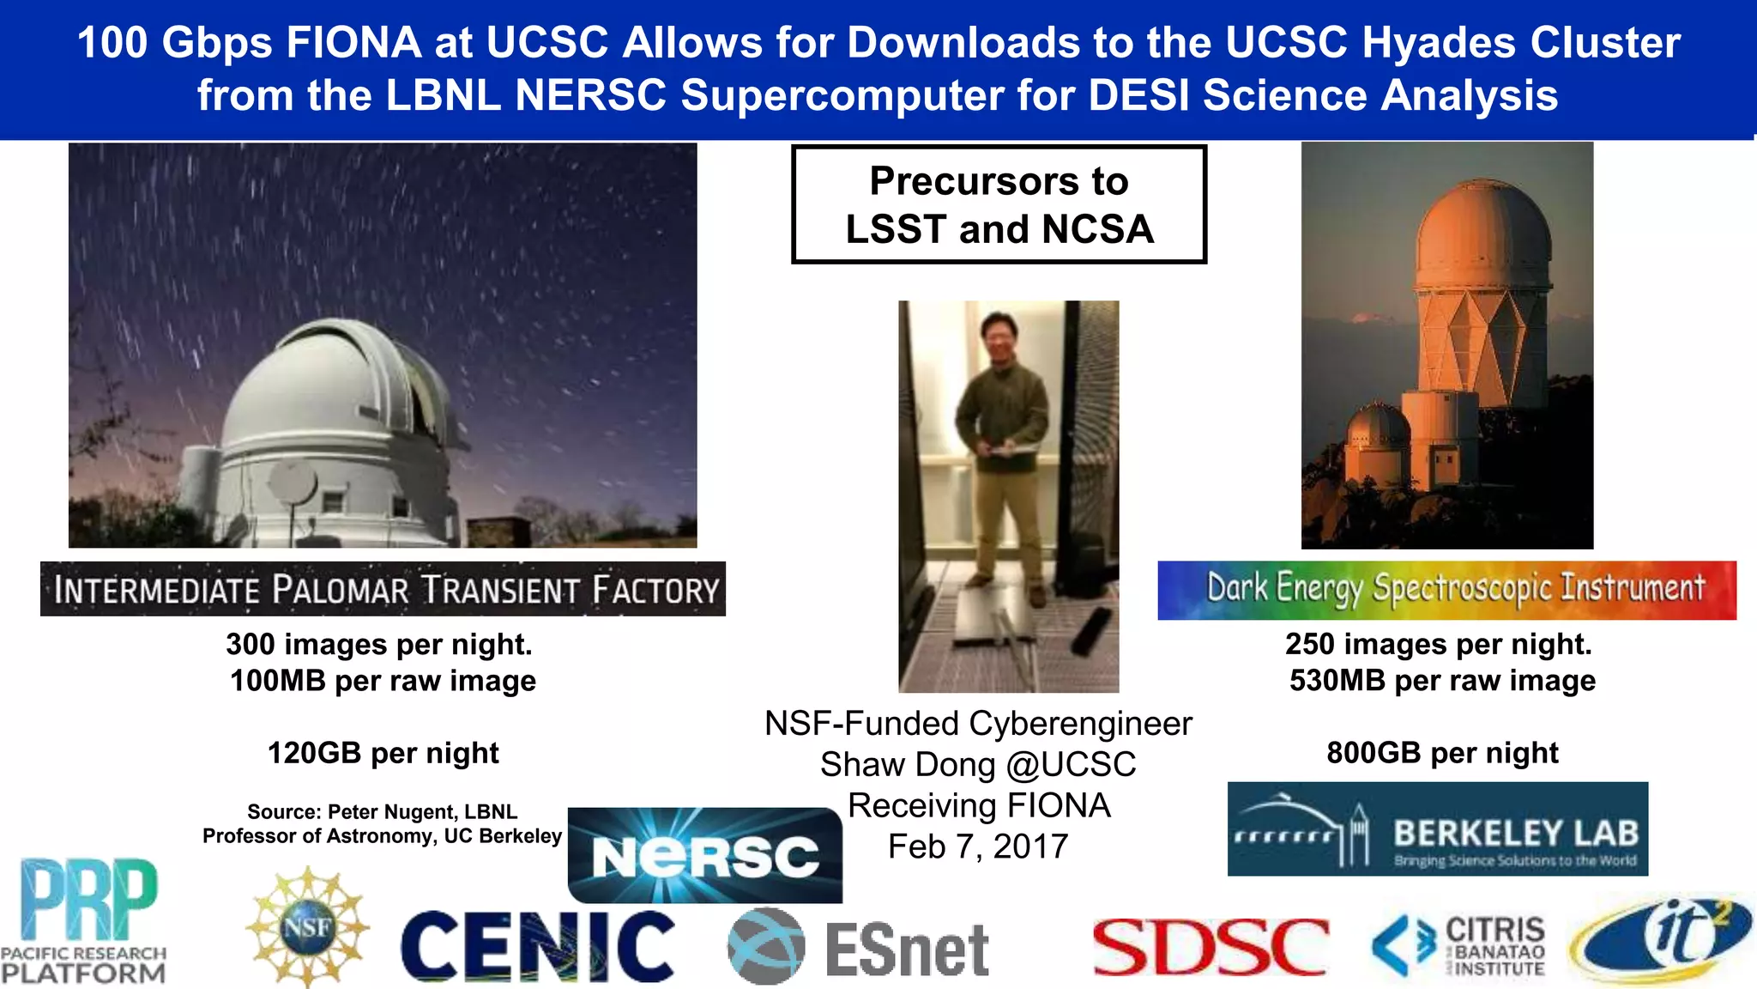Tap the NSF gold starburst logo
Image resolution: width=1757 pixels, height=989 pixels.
point(307,927)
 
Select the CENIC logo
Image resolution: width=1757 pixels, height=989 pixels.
point(538,946)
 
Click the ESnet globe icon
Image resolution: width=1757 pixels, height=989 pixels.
point(766,946)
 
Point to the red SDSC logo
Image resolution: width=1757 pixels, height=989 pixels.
point(1211,947)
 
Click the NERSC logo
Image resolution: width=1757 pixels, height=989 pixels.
point(705,855)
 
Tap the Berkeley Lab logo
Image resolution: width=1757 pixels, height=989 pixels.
point(1437,829)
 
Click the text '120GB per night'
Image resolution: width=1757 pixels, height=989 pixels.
point(383,753)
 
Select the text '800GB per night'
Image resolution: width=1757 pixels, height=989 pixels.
point(1442,753)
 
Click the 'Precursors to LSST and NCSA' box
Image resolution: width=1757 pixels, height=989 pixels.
point(999,204)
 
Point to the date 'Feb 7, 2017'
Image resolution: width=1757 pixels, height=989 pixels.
point(978,846)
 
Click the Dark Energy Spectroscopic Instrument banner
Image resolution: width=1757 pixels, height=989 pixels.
point(1446,590)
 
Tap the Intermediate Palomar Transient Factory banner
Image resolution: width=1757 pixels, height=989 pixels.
point(383,589)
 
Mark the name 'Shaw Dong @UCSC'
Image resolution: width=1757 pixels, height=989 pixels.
point(978,764)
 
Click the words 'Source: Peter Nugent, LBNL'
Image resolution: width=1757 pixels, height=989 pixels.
point(383,812)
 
